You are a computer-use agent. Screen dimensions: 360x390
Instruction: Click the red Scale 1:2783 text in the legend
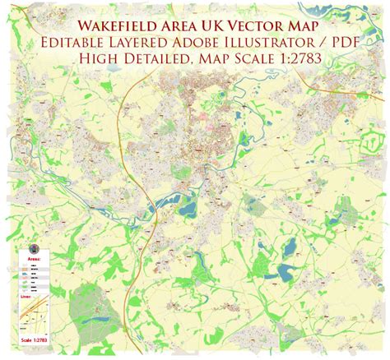coord(33,339)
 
